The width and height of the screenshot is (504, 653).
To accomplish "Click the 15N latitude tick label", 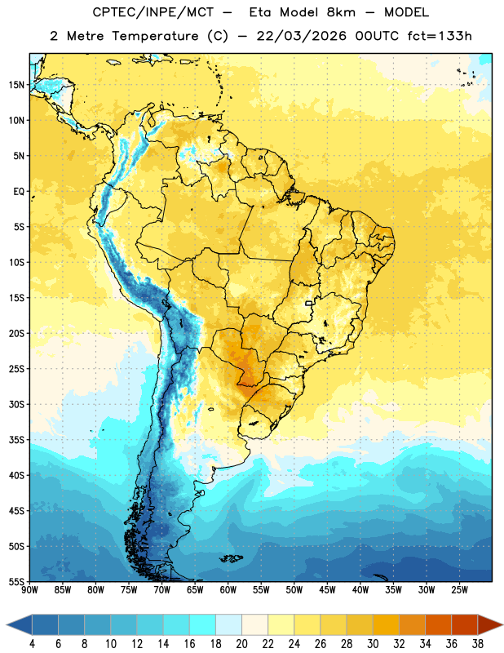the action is [16, 85].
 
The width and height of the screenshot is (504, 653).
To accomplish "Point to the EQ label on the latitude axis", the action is [19, 192].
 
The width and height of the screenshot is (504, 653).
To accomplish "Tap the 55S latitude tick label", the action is [16, 582].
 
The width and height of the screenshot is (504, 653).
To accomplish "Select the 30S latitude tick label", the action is [16, 404].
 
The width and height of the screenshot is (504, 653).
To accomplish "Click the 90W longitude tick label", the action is [29, 589].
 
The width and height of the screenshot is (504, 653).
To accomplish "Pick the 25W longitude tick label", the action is [459, 589].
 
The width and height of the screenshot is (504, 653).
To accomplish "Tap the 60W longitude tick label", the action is [228, 589].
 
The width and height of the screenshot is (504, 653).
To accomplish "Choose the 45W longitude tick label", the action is [327, 589].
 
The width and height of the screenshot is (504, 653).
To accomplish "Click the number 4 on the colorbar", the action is [32, 644].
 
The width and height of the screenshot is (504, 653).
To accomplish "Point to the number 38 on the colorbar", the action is [477, 644].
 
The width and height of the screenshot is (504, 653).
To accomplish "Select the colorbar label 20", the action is [241, 644].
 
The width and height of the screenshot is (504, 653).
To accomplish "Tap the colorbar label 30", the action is [373, 644].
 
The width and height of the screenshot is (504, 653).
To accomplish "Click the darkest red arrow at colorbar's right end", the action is [489, 625].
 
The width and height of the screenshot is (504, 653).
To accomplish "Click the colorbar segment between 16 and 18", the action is [203, 625].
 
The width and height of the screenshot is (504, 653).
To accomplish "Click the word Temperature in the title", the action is [155, 36].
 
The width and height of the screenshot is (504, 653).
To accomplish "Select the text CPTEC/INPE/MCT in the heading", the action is [153, 12].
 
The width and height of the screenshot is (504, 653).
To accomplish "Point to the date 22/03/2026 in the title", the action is [301, 36].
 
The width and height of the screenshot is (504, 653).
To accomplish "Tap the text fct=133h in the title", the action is [440, 36].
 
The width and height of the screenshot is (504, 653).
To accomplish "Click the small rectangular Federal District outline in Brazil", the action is [309, 304].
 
